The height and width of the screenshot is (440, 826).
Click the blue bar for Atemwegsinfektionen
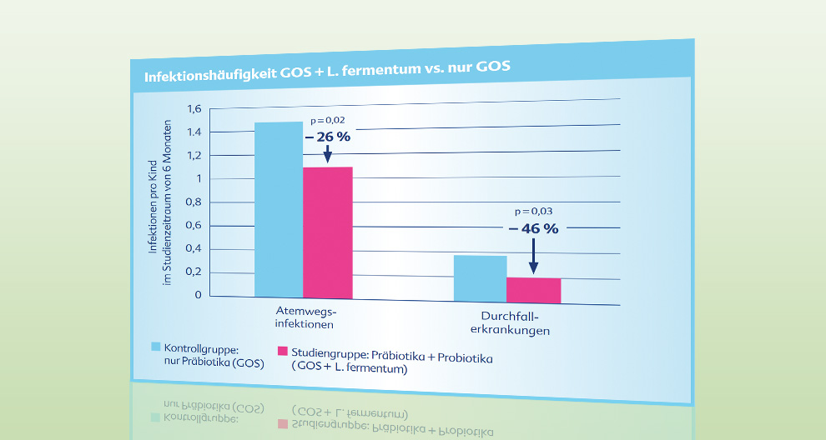tap(279, 209)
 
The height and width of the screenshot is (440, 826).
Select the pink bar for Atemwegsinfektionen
tap(327, 232)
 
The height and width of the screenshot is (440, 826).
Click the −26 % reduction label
tap(327, 137)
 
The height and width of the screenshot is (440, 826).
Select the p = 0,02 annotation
tap(327, 121)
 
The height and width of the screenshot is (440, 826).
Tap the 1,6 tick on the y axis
tap(194, 108)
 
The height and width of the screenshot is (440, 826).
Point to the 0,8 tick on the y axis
tap(194, 202)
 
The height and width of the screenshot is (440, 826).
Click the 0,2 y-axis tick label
tap(194, 272)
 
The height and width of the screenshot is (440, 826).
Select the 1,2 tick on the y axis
tap(194, 155)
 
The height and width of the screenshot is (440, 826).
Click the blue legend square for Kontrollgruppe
tap(155, 346)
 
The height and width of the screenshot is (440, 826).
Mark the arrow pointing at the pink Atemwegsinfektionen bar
tap(327, 154)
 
